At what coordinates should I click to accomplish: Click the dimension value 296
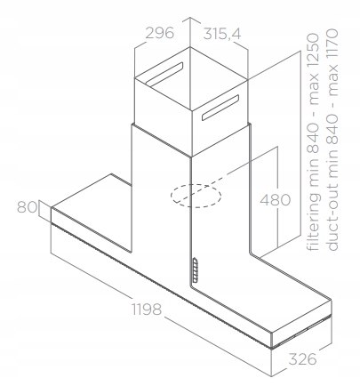[160, 33]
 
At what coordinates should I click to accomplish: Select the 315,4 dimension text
[222, 34]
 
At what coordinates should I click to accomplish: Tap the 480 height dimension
[276, 200]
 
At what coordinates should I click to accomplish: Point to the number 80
[27, 207]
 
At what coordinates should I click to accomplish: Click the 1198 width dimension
[147, 309]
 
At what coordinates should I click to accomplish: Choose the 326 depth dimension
[302, 359]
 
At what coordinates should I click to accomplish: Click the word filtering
[314, 221]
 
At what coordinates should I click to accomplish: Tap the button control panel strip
[195, 269]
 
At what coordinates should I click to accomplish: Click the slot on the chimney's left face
[164, 73]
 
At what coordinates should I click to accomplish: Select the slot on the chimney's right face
[220, 108]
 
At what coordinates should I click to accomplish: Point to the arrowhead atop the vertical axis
[190, 18]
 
